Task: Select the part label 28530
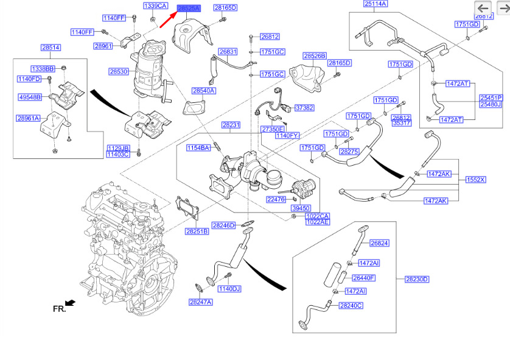tap(119, 71)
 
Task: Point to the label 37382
tap(304, 108)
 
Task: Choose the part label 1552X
tap(476, 180)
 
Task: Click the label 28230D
tap(417, 279)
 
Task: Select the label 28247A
tap(200, 302)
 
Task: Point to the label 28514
tap(51, 48)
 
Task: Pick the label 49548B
tap(29, 97)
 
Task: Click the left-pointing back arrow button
tap(484, 8)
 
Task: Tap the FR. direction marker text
tap(59, 309)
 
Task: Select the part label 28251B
tap(197, 231)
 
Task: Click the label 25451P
tap(491, 97)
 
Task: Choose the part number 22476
tap(276, 199)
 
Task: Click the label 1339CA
tap(155, 5)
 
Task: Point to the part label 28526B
tap(315, 55)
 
